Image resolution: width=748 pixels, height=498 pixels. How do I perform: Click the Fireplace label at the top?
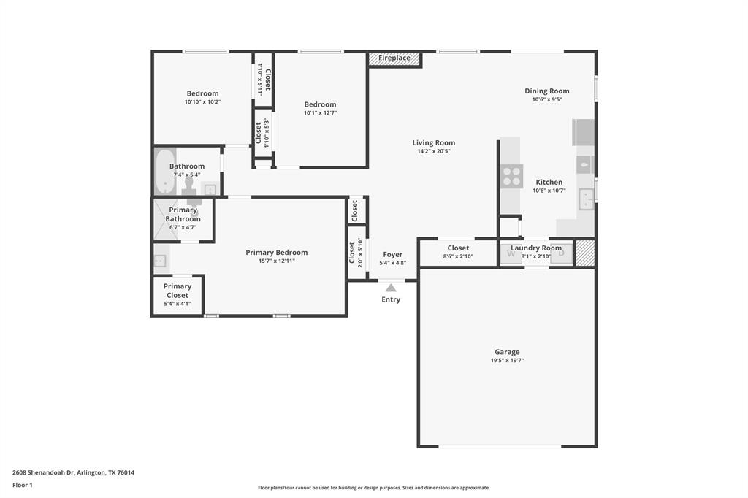[394, 58]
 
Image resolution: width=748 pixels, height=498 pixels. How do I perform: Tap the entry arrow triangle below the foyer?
[391, 288]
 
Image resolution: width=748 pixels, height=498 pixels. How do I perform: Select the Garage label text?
[507, 352]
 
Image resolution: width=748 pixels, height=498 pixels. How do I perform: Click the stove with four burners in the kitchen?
[511, 176]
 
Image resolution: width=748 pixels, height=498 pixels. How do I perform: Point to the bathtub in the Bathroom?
[165, 172]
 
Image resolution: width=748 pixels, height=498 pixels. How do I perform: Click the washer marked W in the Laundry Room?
[511, 253]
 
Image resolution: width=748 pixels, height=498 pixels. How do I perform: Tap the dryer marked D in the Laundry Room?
[561, 253]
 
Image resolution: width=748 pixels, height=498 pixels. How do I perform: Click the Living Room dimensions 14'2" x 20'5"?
[433, 151]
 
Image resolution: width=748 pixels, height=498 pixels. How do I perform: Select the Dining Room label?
[546, 91]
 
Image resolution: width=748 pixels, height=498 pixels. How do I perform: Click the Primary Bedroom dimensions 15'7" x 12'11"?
[276, 261]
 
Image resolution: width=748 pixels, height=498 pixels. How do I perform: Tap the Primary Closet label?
[177, 291]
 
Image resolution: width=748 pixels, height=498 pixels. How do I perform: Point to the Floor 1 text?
[23, 485]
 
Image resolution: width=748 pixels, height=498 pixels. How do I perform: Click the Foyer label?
[392, 255]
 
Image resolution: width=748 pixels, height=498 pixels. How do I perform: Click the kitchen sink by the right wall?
[586, 198]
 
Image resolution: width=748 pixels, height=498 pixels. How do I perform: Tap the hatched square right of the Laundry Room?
[585, 253]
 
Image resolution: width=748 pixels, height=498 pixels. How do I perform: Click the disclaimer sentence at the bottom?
[373, 488]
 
